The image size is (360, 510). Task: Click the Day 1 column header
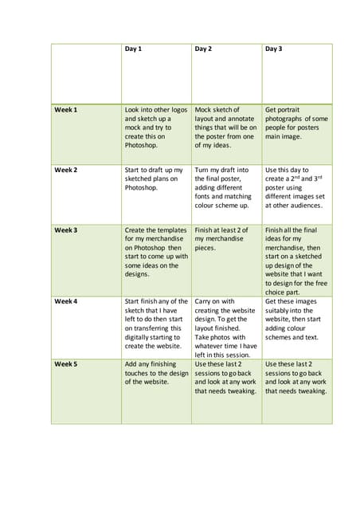pyautogui.click(x=133, y=49)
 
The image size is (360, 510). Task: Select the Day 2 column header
pyautogui.click(x=203, y=49)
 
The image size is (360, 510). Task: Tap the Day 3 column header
pyautogui.click(x=273, y=49)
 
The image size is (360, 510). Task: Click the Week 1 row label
pyautogui.click(x=66, y=109)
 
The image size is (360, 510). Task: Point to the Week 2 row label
pyautogui.click(x=66, y=170)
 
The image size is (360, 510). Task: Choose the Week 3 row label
pyautogui.click(x=66, y=229)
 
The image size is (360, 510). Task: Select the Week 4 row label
pyautogui.click(x=66, y=301)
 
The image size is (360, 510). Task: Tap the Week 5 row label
pyautogui.click(x=66, y=363)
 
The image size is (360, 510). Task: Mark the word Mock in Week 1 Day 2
pyautogui.click(x=203, y=109)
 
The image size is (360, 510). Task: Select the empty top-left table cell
pyautogui.click(x=86, y=73)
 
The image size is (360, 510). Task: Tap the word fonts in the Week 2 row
pyautogui.click(x=204, y=196)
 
